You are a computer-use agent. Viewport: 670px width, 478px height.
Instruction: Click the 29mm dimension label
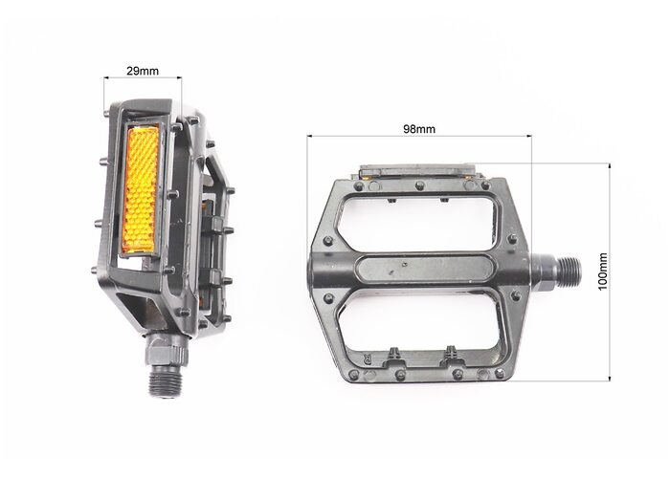tap(143, 71)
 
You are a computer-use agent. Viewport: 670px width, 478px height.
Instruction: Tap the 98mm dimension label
tap(419, 129)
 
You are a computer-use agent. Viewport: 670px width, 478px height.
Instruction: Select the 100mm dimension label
tap(602, 272)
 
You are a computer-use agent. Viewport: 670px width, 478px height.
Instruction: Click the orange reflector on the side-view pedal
tap(140, 190)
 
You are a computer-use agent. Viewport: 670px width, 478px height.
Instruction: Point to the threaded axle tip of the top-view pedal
tap(570, 269)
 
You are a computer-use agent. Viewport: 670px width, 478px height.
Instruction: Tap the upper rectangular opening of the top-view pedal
tap(417, 223)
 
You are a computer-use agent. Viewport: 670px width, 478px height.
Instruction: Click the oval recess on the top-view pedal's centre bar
tap(425, 269)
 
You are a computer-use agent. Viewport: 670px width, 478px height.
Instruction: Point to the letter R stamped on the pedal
tap(367, 358)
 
